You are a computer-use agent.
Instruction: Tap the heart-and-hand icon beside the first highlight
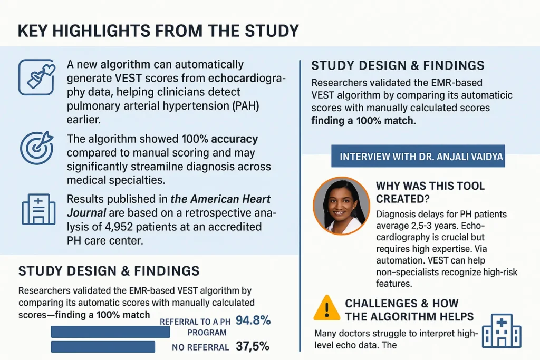click(36, 77)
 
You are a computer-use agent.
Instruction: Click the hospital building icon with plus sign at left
click(38, 209)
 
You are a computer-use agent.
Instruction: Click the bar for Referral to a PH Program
click(110, 332)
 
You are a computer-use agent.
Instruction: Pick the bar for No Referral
click(103, 346)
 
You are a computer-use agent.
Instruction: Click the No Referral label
click(200, 347)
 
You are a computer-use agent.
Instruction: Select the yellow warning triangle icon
click(326, 308)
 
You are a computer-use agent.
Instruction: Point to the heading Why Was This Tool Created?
click(430, 192)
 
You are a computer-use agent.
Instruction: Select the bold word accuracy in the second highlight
click(234, 140)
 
